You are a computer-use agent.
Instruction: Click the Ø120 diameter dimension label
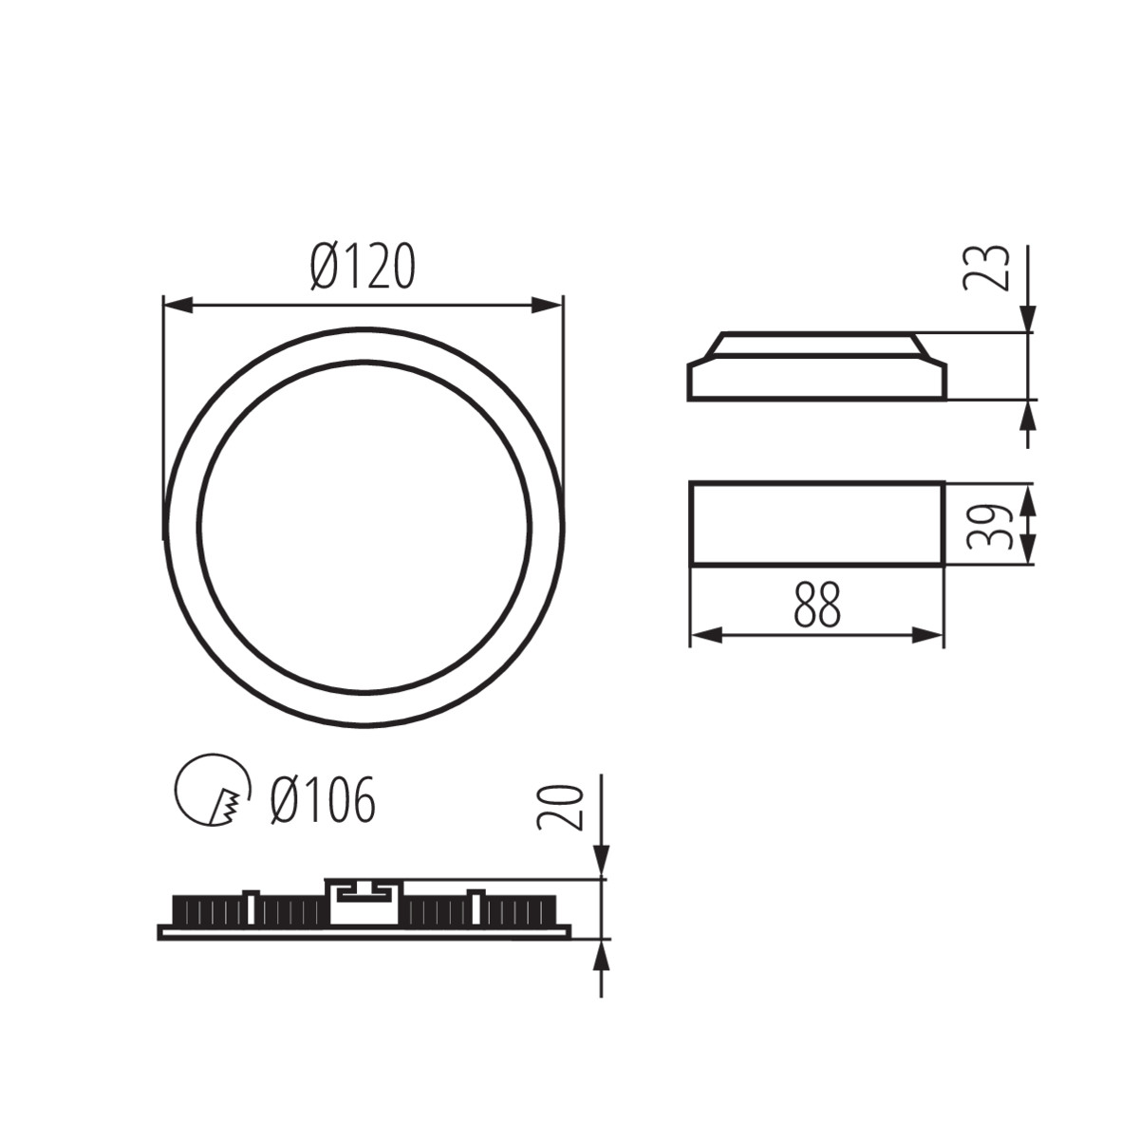[363, 267]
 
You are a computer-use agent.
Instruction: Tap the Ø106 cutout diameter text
[323, 800]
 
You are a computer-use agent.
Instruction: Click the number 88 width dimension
[817, 606]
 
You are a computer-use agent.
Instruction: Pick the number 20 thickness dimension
[559, 807]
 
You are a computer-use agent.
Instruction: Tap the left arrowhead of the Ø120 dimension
[178, 306]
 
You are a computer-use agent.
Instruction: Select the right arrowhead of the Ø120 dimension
[548, 306]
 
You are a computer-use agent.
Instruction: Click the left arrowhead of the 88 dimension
[705, 635]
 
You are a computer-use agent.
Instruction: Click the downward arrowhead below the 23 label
[1028, 320]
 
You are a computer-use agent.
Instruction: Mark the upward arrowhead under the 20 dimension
[601, 953]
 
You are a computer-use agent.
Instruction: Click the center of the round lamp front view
[364, 528]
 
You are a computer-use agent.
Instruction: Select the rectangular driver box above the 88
[816, 524]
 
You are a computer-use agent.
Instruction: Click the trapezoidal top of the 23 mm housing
[817, 344]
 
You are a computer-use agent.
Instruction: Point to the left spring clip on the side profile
[251, 906]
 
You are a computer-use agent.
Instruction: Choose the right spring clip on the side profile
[476, 906]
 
